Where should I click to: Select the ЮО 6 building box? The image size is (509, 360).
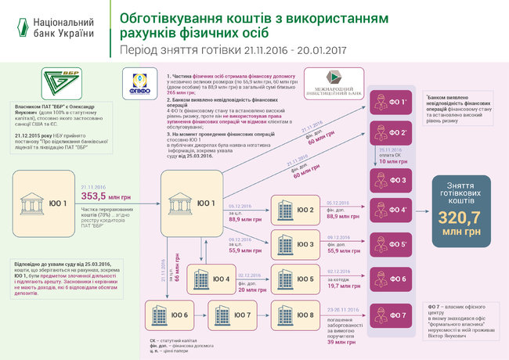tap(168, 316)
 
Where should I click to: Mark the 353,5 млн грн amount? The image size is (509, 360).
tap(104, 197)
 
